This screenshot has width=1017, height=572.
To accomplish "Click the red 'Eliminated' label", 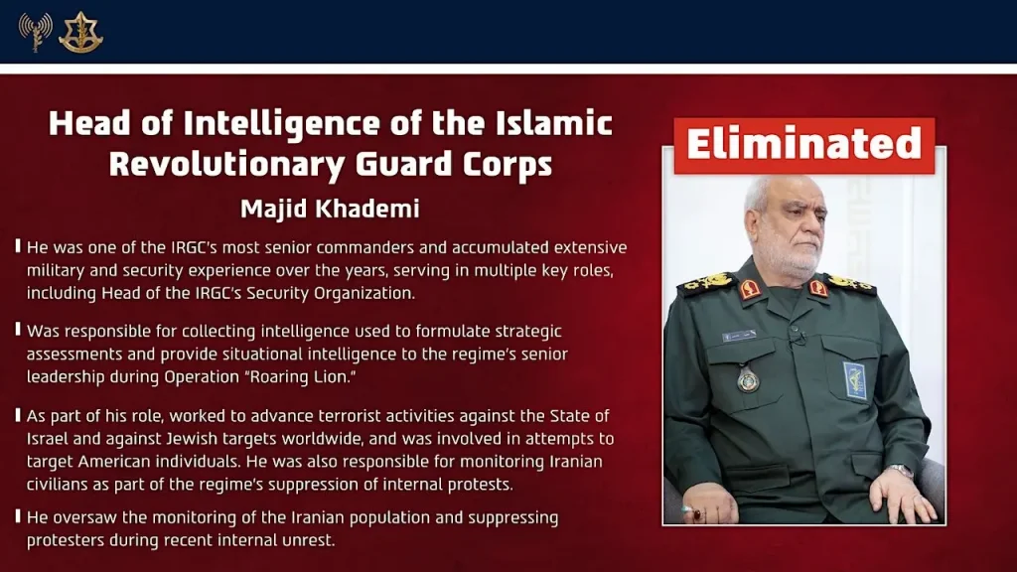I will click(804, 145).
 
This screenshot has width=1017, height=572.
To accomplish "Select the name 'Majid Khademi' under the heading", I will click(330, 209).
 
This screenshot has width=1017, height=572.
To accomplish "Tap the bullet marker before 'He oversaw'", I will click(18, 516).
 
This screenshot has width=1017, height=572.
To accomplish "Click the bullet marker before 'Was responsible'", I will click(18, 329).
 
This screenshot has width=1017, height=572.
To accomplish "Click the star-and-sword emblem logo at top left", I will click(80, 32).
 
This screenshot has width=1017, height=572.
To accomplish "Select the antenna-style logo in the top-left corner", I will click(35, 32).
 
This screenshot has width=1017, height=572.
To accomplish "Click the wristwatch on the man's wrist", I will click(900, 471).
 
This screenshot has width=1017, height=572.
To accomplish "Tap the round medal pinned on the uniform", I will click(747, 378).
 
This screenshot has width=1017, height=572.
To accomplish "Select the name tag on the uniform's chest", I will click(739, 336).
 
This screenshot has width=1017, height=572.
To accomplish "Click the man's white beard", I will click(785, 260).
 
